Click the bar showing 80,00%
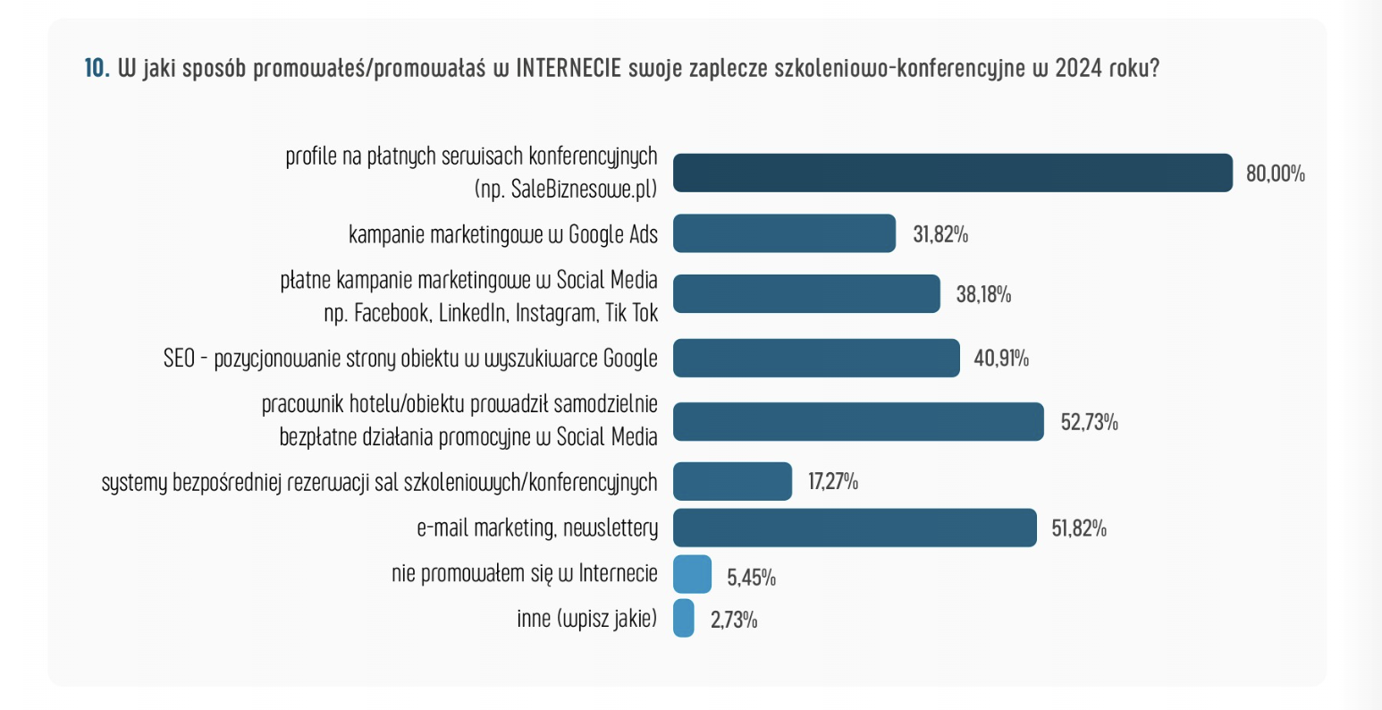coord(952,173)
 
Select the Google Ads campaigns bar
coord(784,233)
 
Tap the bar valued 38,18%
coord(806,294)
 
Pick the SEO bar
coord(816,358)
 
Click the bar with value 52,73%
coord(858,422)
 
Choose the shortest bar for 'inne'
coord(684,618)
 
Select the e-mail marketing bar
coord(855,528)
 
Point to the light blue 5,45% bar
coord(693,574)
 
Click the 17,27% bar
coord(732,481)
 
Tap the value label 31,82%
coord(940,234)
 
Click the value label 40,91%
coord(1001,359)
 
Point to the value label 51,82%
coord(1079,528)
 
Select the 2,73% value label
coord(734,620)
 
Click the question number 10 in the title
coord(96,69)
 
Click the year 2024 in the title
coord(1078,69)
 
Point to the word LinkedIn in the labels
coord(475,313)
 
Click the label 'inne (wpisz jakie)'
coord(586,618)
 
